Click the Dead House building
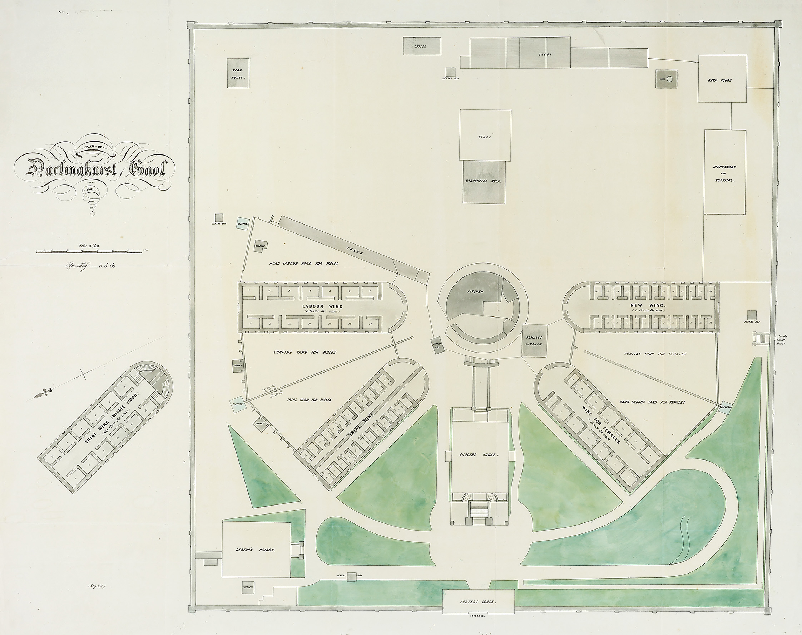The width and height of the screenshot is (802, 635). coord(238,73)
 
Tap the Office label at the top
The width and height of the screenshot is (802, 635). coord(420,46)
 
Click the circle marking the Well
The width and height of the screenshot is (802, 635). coord(670,79)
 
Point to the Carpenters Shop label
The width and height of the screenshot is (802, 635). coord(484,181)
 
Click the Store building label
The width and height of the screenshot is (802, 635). coord(485,137)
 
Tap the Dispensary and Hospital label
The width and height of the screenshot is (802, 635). coord(724,174)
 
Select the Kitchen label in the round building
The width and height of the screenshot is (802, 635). coord(475,291)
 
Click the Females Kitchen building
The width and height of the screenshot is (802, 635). coord(534,341)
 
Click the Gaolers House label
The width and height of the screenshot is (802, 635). coord(482,455)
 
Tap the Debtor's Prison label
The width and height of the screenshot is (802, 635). coord(255,550)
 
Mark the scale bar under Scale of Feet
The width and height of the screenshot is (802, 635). coord(89,252)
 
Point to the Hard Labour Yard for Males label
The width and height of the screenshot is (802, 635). coord(304,264)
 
